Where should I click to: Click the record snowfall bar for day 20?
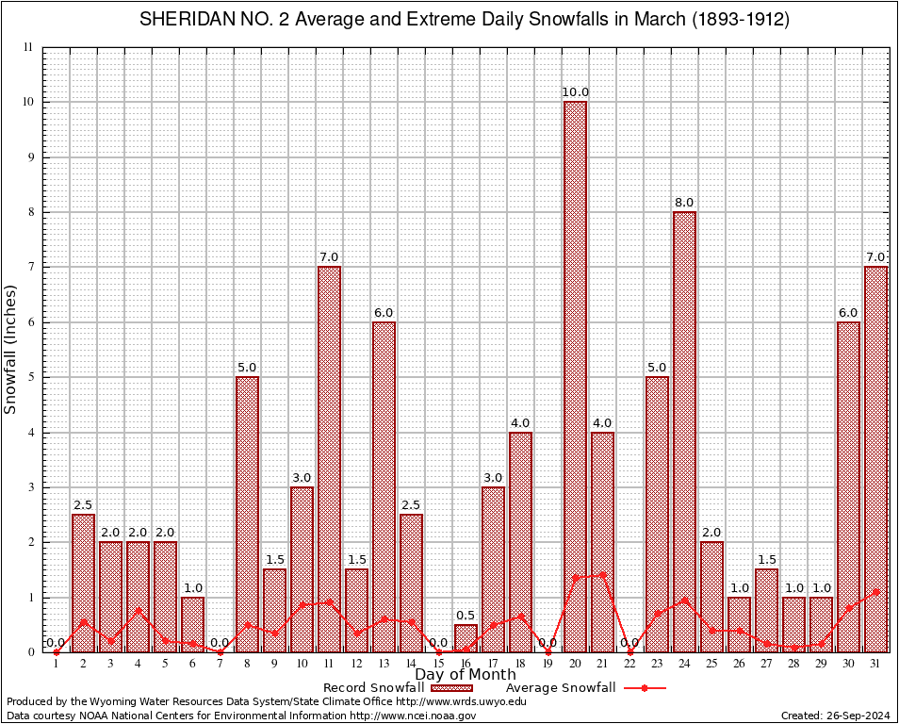tap(575, 377)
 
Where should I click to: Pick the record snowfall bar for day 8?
tap(247, 514)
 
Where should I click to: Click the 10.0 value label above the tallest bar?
tap(575, 92)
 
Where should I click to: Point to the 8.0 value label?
tap(684, 203)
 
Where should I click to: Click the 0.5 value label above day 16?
tap(466, 616)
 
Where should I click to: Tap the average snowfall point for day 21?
tap(602, 574)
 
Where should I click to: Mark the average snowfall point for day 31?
tap(875, 592)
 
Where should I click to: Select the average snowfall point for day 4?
tap(138, 610)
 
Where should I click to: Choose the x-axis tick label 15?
tap(438, 664)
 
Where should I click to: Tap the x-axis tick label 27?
tap(766, 664)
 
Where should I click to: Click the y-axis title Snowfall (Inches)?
tap(11, 349)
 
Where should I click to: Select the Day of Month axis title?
tap(466, 675)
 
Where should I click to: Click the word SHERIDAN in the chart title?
tap(186, 20)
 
